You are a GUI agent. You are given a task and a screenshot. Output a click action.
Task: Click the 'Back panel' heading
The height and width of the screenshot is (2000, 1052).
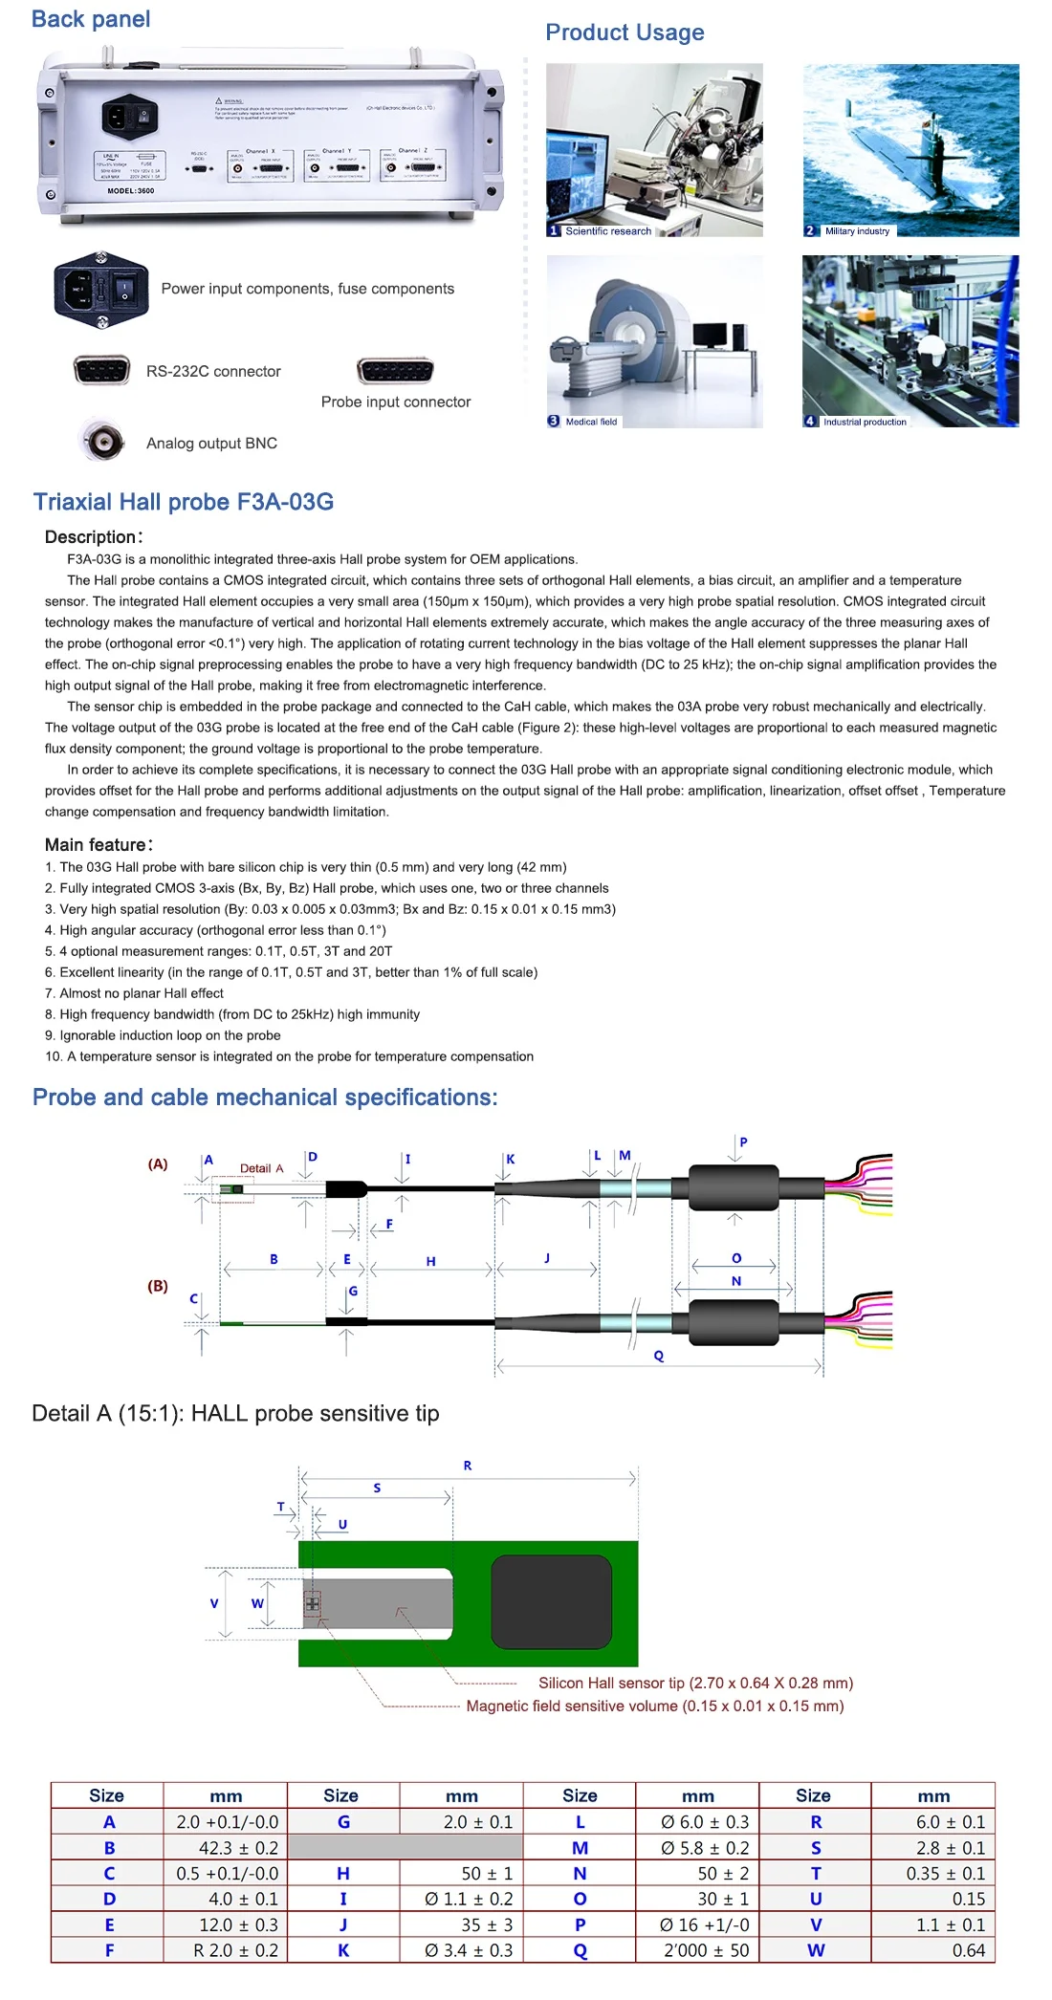pos(91,19)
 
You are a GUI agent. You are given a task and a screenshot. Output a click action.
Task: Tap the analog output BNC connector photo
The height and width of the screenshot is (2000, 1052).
pos(102,441)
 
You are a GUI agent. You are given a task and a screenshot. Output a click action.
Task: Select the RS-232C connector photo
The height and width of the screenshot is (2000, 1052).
pos(101,369)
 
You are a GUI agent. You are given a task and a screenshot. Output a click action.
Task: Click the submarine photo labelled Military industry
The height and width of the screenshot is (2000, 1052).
pos(910,149)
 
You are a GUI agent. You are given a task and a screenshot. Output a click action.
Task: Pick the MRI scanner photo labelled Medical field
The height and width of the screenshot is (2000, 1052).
pos(654,340)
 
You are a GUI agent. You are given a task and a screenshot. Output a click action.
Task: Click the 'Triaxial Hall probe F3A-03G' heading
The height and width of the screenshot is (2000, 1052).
pos(183,502)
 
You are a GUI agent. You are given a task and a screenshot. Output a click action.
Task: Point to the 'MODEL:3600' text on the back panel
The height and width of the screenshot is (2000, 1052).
pos(131,191)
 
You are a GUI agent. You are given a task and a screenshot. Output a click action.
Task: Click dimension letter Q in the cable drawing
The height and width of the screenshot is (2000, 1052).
pos(659,1356)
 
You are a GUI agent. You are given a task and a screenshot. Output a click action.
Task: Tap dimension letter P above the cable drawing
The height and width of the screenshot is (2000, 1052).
pos(743,1141)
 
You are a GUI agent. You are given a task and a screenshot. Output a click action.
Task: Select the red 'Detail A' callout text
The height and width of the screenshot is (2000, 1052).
pos(261,1168)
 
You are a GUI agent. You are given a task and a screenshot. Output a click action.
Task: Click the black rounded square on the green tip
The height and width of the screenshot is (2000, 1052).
pos(551,1601)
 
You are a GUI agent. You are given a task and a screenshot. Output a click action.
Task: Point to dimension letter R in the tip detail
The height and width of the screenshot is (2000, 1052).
pos(468,1466)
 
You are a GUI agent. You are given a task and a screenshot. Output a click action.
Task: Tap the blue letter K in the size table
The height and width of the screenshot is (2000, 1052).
pos(343,1950)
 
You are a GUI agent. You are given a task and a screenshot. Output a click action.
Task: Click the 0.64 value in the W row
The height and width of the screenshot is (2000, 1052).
pos(968,1950)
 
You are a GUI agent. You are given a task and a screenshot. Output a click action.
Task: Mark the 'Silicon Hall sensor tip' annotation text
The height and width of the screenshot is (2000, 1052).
pos(695,1683)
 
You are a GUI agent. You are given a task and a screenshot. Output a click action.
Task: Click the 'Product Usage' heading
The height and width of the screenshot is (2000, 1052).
pos(625,33)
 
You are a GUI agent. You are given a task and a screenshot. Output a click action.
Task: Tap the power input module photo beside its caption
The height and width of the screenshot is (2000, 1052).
pos(101,289)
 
